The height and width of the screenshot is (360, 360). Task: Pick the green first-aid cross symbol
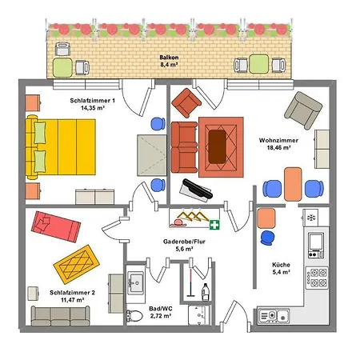(x=214, y=223)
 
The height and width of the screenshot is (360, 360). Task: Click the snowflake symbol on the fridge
(x=310, y=217)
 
